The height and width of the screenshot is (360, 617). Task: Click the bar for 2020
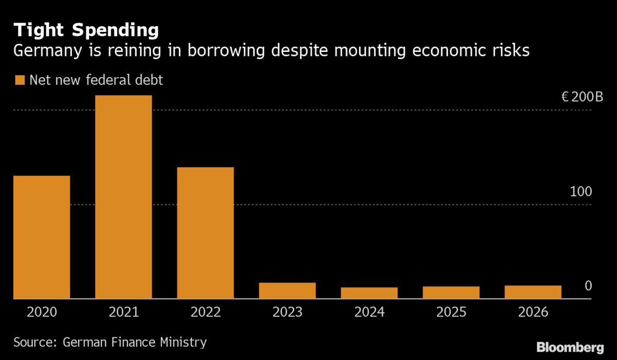click(x=41, y=237)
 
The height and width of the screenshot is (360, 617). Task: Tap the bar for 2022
click(x=205, y=232)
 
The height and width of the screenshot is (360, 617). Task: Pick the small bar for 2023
click(x=287, y=291)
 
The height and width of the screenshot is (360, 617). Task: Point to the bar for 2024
click(x=369, y=293)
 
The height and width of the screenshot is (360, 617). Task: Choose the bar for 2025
click(x=451, y=293)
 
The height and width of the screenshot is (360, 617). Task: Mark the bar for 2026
click(x=533, y=292)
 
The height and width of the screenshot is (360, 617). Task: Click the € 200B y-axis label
click(x=582, y=97)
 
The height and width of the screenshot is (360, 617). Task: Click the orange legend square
click(x=20, y=80)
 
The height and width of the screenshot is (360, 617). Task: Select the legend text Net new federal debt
click(x=96, y=80)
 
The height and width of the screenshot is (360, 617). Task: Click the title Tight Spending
click(x=86, y=30)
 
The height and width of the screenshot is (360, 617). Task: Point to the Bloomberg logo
click(x=570, y=347)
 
